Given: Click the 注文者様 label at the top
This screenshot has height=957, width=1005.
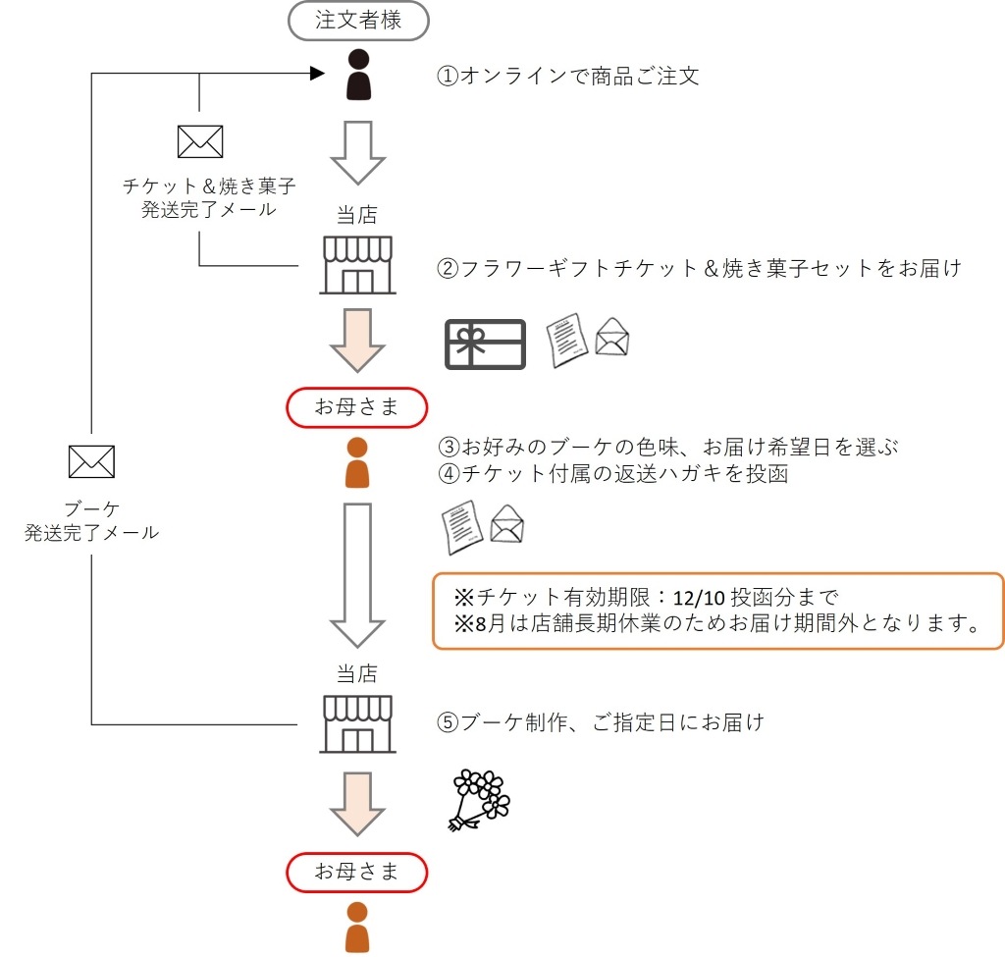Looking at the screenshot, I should click(358, 20).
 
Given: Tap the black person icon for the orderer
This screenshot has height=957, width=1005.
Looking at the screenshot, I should click(358, 75).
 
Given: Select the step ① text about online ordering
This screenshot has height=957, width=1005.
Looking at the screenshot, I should click(568, 76).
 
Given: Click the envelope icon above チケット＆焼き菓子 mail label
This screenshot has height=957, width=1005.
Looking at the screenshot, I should click(199, 142).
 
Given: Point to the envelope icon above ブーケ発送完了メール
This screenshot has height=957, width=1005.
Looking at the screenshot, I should click(91, 461).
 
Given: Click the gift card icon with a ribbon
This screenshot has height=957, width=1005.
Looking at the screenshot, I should click(486, 345).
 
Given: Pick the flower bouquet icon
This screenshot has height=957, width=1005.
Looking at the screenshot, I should click(480, 799).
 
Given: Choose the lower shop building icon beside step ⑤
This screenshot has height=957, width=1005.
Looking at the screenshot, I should click(358, 724).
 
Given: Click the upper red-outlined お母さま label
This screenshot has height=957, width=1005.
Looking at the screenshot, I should click(357, 407).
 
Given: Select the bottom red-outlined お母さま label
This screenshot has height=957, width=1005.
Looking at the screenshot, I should click(357, 871).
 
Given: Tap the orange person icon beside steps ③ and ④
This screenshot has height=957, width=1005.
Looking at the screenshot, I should click(357, 462).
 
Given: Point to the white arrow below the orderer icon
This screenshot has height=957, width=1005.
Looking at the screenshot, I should click(357, 152).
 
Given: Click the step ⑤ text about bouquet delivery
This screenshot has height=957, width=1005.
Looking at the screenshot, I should click(601, 723).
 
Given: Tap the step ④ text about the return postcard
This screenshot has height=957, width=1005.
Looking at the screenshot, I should click(614, 473).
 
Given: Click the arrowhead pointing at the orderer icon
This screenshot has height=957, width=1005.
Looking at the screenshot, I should click(317, 74).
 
